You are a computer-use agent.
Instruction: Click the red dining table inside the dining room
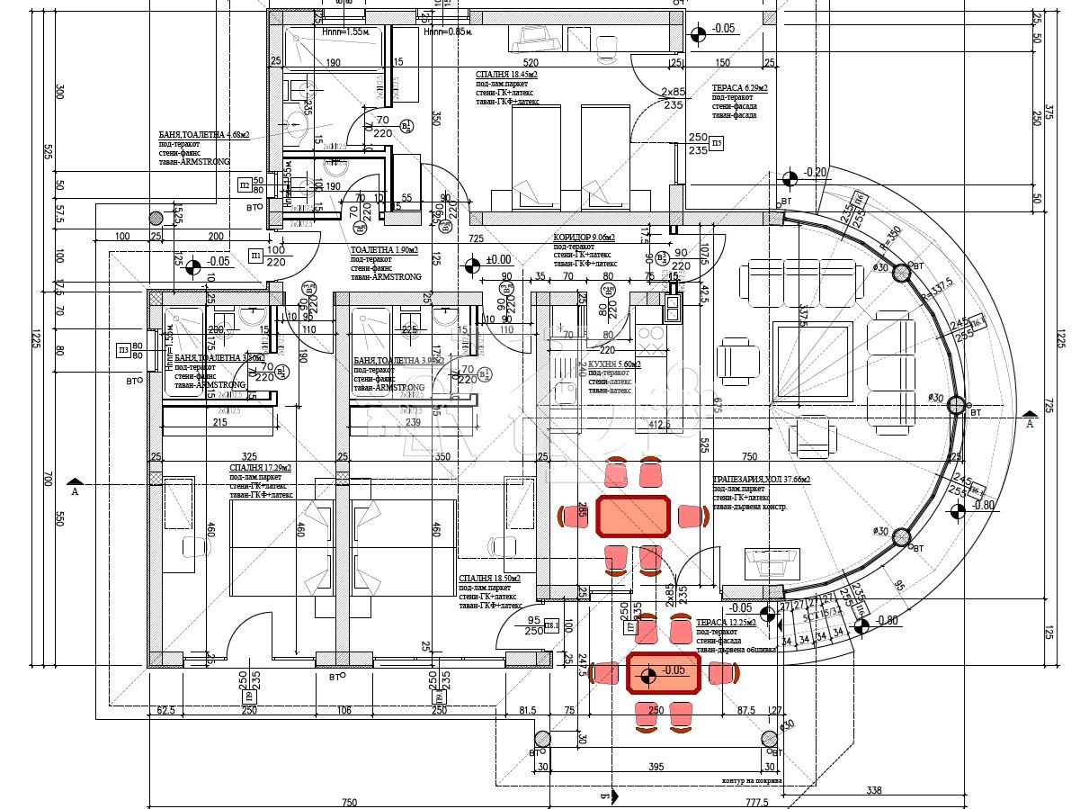click(x=633, y=517)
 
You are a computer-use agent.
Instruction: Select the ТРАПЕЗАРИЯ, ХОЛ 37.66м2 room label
click(x=761, y=480)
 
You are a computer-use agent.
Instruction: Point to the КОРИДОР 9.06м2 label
click(x=584, y=238)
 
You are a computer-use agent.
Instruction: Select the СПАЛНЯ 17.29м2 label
click(x=259, y=468)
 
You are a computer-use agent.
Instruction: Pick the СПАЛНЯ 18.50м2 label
click(x=489, y=579)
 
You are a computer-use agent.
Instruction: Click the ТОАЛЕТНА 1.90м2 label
click(x=385, y=249)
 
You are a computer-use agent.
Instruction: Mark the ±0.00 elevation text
click(x=497, y=261)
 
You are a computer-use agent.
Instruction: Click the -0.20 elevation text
click(x=816, y=172)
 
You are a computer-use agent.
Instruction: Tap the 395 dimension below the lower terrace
click(x=656, y=767)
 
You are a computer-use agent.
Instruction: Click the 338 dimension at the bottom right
click(x=873, y=791)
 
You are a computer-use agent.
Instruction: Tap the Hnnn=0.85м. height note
click(x=447, y=31)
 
